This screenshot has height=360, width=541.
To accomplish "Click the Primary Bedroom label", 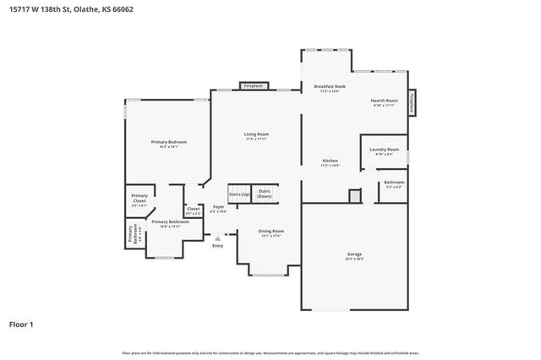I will coord(168,141).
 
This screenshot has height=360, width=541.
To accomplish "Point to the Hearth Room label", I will coord(384,101).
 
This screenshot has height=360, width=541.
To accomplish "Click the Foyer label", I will coord(218,206).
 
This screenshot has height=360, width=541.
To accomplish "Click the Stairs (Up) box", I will coord(239,194).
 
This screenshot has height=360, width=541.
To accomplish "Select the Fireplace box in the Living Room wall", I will coord(254,86).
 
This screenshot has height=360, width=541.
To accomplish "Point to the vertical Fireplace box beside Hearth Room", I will coord(413,101).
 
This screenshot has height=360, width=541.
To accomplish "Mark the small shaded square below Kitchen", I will coord(354,195).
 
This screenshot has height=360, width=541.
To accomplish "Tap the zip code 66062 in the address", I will coord(123,8).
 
